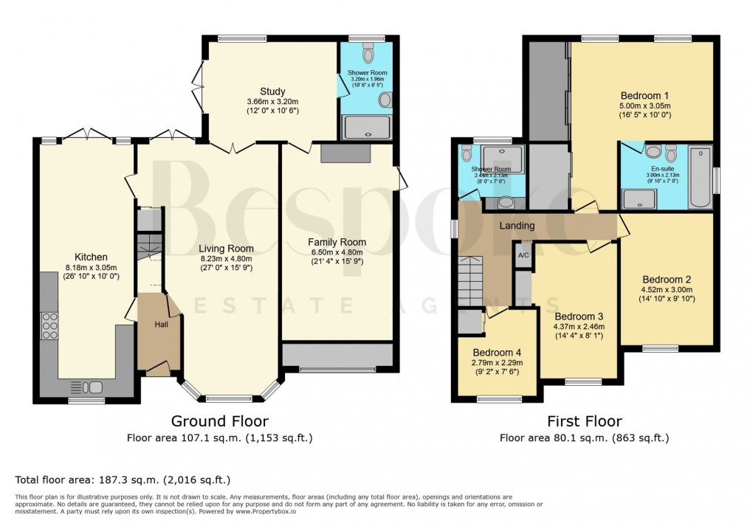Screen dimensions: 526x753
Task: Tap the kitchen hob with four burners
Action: click(x=50, y=325)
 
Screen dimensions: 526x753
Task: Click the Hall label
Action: click(x=162, y=324)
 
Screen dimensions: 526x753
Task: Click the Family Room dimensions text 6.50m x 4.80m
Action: click(x=337, y=252)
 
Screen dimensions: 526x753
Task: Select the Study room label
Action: click(x=272, y=91)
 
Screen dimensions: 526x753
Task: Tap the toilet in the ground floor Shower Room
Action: click(x=368, y=54)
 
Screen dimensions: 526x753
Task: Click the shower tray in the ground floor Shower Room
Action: click(x=367, y=128)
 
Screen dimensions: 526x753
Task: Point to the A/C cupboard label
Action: click(x=523, y=255)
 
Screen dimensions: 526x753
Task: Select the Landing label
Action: click(x=517, y=226)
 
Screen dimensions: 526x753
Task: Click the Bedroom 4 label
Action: click(x=497, y=352)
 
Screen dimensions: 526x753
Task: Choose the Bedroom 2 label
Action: click(x=666, y=280)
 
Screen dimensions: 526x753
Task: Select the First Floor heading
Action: click(x=584, y=421)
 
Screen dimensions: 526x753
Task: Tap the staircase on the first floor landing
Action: click(x=472, y=281)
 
